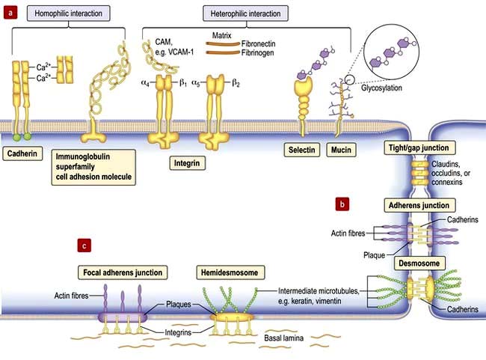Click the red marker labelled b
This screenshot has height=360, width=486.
point(342,203)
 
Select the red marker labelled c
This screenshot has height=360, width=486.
point(87,245)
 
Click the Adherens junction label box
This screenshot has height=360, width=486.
point(418,205)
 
